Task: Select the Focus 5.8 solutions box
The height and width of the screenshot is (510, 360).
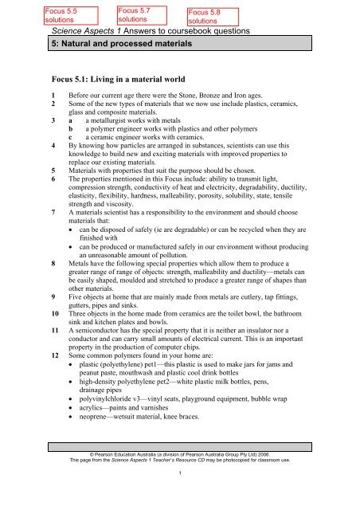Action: point(189,15)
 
